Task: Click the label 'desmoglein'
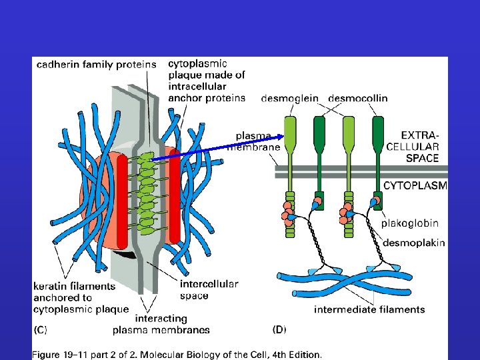[x=291, y=98]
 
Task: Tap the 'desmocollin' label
[x=357, y=98]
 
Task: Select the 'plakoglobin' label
[x=409, y=223]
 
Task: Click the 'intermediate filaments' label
[x=369, y=309]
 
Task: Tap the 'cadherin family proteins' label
[x=97, y=65]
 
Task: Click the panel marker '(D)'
[x=279, y=329]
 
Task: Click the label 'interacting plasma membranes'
[x=161, y=324]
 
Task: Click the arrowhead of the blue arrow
[x=283, y=137]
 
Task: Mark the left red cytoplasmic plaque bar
[x=122, y=200]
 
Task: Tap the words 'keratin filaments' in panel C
[x=74, y=286]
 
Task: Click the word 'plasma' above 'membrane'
[x=252, y=135]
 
